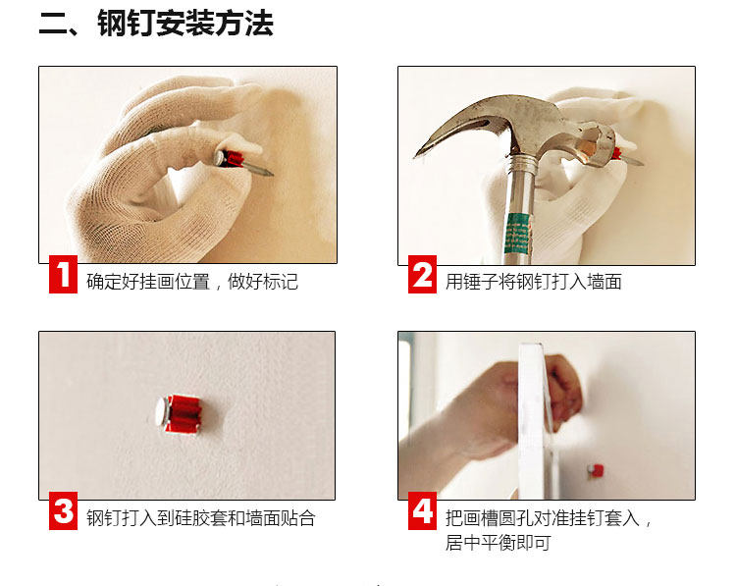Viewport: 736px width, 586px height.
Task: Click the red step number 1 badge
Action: click(64, 275)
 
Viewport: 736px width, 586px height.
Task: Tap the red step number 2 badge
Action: click(422, 275)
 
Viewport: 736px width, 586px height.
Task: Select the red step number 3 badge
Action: click(64, 510)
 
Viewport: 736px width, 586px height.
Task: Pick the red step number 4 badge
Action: click(422, 510)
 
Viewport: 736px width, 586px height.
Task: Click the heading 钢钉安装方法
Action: click(185, 24)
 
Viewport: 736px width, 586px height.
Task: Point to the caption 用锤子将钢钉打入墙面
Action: click(534, 282)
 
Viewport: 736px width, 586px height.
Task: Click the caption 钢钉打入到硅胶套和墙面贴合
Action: click(201, 518)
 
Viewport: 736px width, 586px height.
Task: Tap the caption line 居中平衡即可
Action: click(498, 543)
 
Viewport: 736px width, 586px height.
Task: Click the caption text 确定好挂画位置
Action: click(148, 282)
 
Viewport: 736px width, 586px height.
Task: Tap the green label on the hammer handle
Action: click(518, 234)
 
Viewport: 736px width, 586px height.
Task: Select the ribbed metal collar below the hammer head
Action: click(521, 163)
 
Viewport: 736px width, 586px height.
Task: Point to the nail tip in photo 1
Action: click(271, 174)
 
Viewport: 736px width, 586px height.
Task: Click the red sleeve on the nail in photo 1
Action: click(233, 159)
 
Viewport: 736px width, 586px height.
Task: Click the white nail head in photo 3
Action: click(162, 411)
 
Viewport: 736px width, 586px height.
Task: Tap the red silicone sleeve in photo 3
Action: click(185, 413)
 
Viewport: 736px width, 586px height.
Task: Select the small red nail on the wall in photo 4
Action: click(596, 470)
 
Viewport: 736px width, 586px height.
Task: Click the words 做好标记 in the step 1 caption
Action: click(263, 282)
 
